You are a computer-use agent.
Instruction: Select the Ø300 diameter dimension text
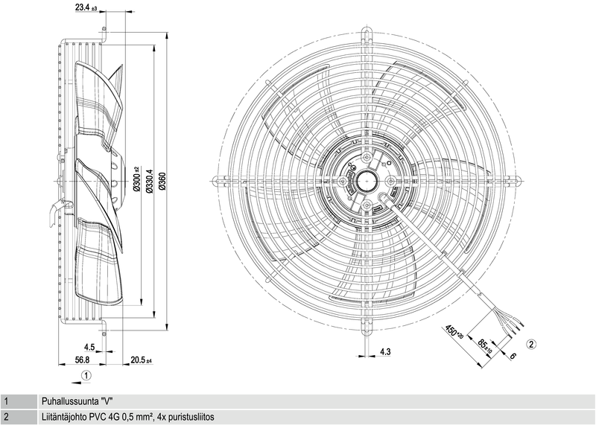tap(136, 179)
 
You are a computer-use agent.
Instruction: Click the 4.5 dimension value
tap(89, 348)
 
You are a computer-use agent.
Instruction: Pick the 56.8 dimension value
tap(83, 360)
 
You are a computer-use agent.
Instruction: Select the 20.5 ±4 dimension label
tap(141, 360)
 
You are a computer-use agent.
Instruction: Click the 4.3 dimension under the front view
tap(386, 351)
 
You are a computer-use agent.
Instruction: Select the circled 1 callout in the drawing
tap(87, 376)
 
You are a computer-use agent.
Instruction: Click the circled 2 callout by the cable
tap(531, 344)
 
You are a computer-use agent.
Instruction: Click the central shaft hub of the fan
tap(367, 179)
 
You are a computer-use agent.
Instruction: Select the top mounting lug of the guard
tap(367, 33)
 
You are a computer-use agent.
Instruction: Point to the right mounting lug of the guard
tap(518, 179)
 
